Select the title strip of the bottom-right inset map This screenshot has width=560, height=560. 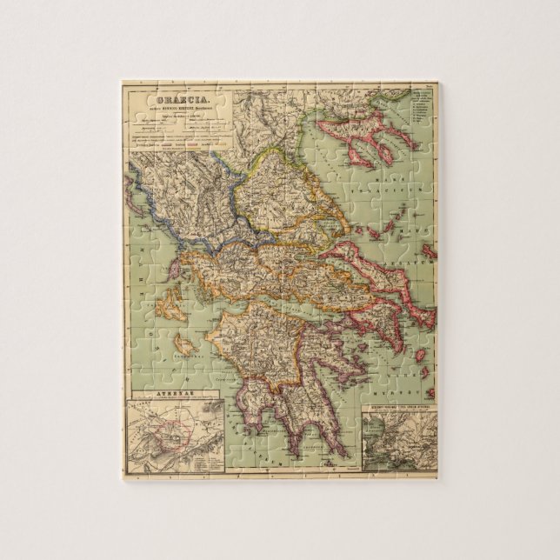[x=397, y=407]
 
